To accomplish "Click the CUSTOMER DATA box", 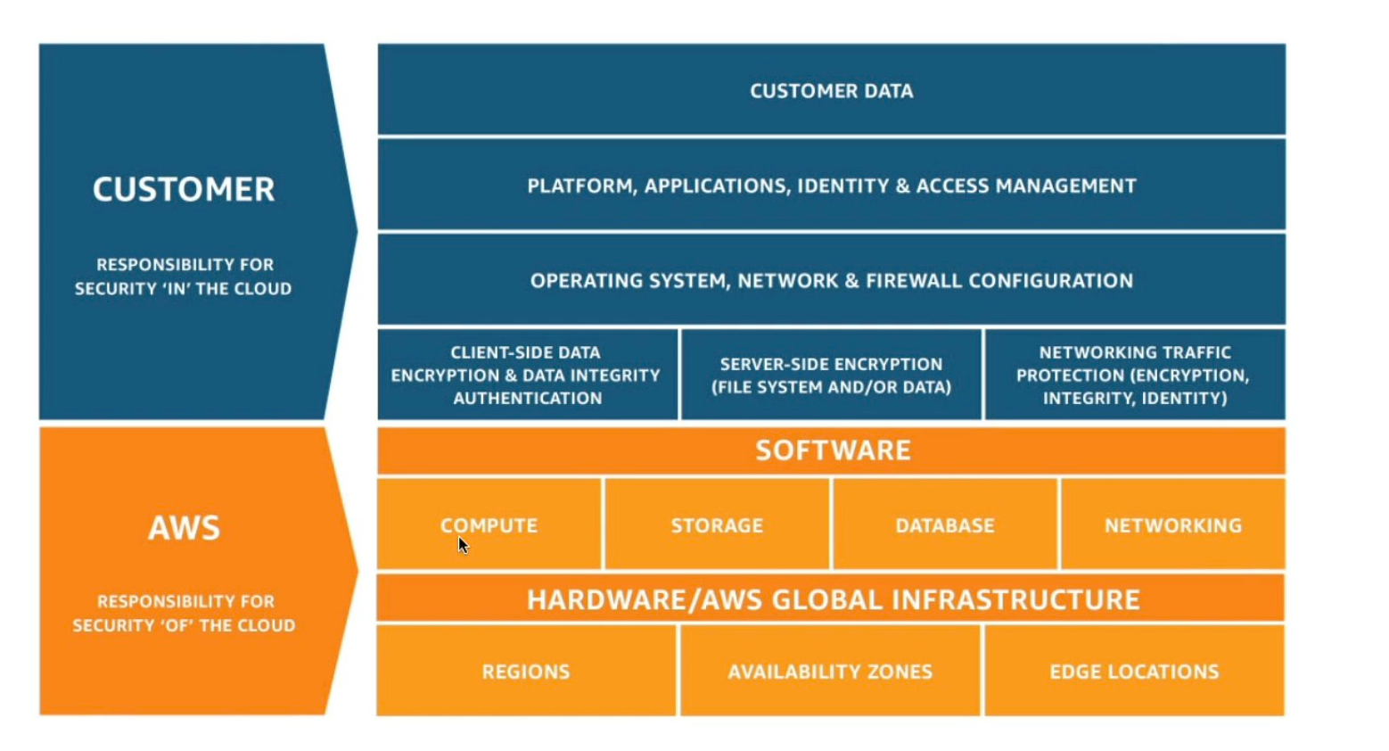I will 831,90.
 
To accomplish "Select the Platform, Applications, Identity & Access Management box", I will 831,186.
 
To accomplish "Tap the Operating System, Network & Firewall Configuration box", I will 831,280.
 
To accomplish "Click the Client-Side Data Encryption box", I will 526,375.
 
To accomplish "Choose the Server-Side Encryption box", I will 831,375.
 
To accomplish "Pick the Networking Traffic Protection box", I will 1134,375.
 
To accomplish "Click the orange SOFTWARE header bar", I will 831,450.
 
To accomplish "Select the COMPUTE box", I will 489,524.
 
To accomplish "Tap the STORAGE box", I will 717,524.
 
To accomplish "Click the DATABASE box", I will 945,524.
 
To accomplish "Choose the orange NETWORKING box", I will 1172,524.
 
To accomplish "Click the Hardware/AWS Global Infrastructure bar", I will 831,598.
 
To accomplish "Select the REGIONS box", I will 526,671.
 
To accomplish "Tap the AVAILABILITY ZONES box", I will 830,671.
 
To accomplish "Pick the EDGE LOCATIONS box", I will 1134,671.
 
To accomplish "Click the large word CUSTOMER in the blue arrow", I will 184,189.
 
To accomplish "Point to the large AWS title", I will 184,528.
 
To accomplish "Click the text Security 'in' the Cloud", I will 183,288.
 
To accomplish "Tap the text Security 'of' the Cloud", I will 184,625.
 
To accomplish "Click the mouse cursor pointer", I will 463,545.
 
